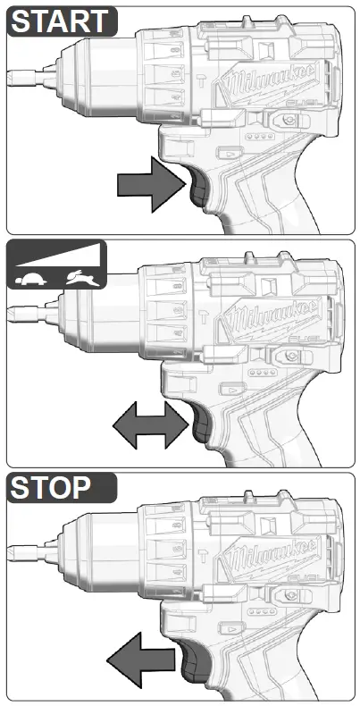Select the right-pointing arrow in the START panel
point(149,185)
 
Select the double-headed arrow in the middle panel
point(147,427)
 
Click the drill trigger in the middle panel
point(198,428)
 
